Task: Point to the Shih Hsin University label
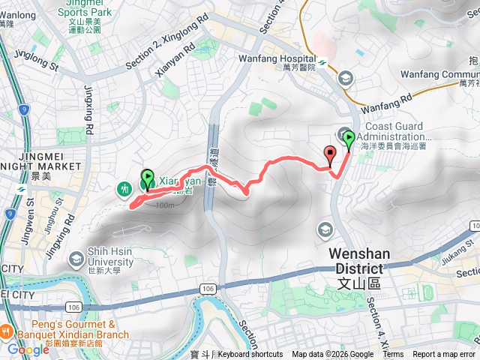(100, 256)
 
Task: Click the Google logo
(28, 349)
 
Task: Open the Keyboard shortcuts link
(250, 355)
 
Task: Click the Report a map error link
(445, 355)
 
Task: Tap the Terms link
(393, 355)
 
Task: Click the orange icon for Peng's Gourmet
(5, 331)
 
